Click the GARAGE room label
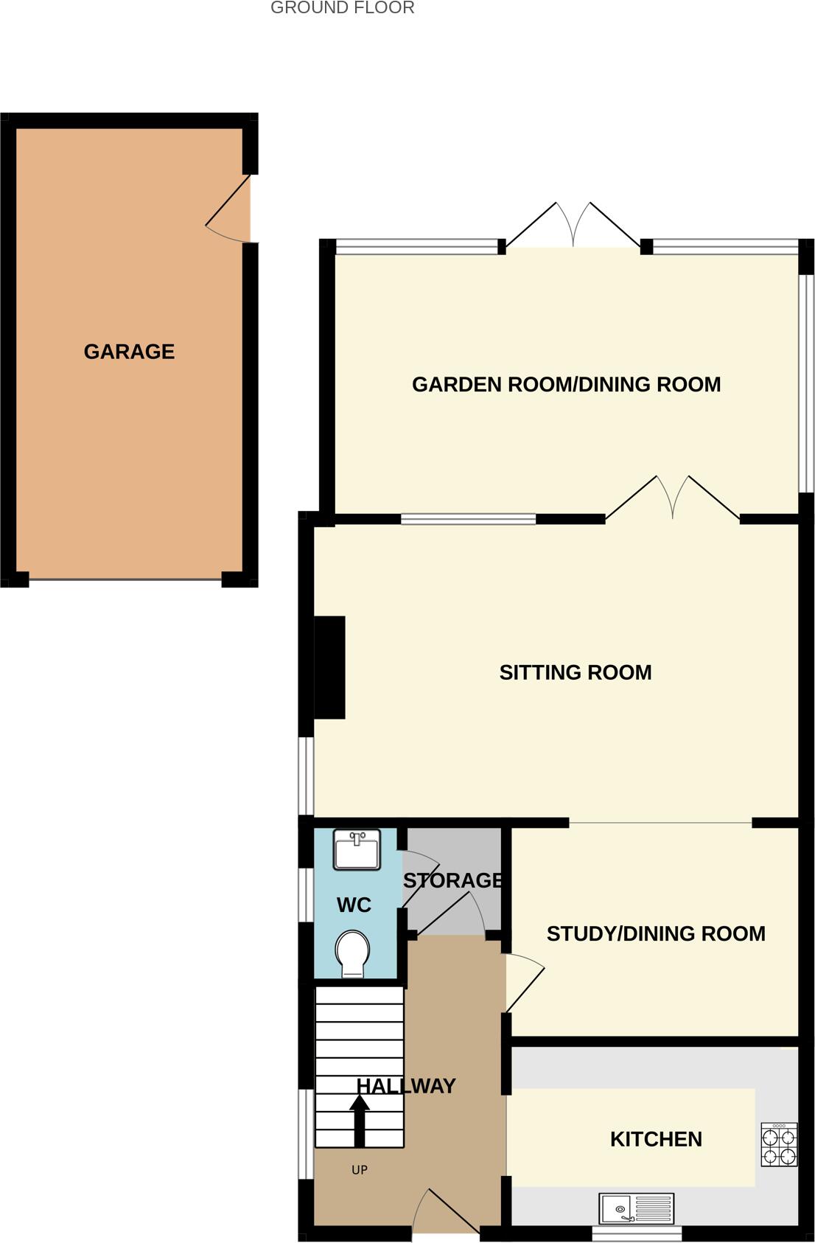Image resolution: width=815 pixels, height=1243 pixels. coord(129,352)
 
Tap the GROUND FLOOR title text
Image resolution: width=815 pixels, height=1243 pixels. coord(342,8)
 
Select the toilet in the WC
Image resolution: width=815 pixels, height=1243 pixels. coord(352,954)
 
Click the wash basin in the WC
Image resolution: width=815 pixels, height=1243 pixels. coord(357,849)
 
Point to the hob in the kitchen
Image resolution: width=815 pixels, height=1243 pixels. coord(779,1145)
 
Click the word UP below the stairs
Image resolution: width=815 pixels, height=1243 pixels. coord(360,1170)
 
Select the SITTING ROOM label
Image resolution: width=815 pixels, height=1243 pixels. coord(576,672)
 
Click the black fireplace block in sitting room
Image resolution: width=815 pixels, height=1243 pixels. coord(330,667)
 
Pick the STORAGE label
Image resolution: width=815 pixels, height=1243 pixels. coord(452,880)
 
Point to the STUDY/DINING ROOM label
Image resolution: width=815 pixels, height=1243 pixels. coord(656,933)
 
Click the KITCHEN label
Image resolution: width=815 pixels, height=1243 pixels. coord(656,1139)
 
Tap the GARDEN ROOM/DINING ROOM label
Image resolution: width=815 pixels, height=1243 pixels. coord(566,384)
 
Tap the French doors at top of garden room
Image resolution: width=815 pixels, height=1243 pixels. coord(573,225)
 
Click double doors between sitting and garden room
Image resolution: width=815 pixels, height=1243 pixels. coord(672,498)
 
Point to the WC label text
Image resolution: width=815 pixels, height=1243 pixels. coord(354,905)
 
